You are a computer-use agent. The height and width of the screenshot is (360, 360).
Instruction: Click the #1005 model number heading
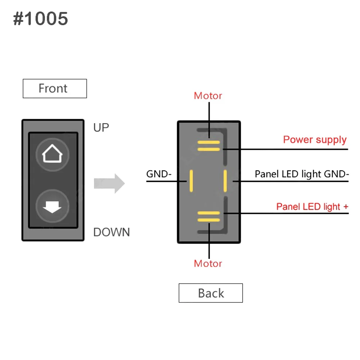pos(40,19)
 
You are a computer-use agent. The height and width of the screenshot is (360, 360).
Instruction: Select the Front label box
pos(55,89)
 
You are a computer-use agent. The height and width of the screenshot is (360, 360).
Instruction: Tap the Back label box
pos(211,293)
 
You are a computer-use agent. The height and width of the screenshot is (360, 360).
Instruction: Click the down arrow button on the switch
pos(52,206)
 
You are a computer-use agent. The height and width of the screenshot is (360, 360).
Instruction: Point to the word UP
pos(101,127)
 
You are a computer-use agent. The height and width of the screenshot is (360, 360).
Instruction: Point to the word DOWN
pos(112,232)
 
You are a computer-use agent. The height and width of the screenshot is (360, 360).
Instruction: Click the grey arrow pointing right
pos(109,184)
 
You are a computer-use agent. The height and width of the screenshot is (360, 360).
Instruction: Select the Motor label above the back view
pos(208,96)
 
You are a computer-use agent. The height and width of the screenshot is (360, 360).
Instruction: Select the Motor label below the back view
pos(208,264)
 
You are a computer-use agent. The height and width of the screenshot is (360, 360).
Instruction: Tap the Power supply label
pos(315,140)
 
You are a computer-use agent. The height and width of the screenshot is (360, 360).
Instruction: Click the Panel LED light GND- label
pos(302,174)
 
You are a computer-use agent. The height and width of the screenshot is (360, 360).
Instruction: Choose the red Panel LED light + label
pos(312,207)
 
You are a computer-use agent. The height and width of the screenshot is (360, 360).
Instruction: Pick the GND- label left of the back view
pos(159,174)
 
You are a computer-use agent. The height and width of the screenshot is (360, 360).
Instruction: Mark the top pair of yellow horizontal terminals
pos(209,146)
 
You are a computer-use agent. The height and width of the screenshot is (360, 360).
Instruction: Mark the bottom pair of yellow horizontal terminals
pos(209,216)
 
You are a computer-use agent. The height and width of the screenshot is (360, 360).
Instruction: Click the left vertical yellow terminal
pos(191,181)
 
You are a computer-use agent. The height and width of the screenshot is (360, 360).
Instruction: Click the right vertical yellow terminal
pos(225,181)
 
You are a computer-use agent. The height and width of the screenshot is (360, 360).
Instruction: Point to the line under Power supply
pos(285,149)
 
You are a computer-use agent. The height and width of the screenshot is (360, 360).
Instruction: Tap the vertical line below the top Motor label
pos(209,120)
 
